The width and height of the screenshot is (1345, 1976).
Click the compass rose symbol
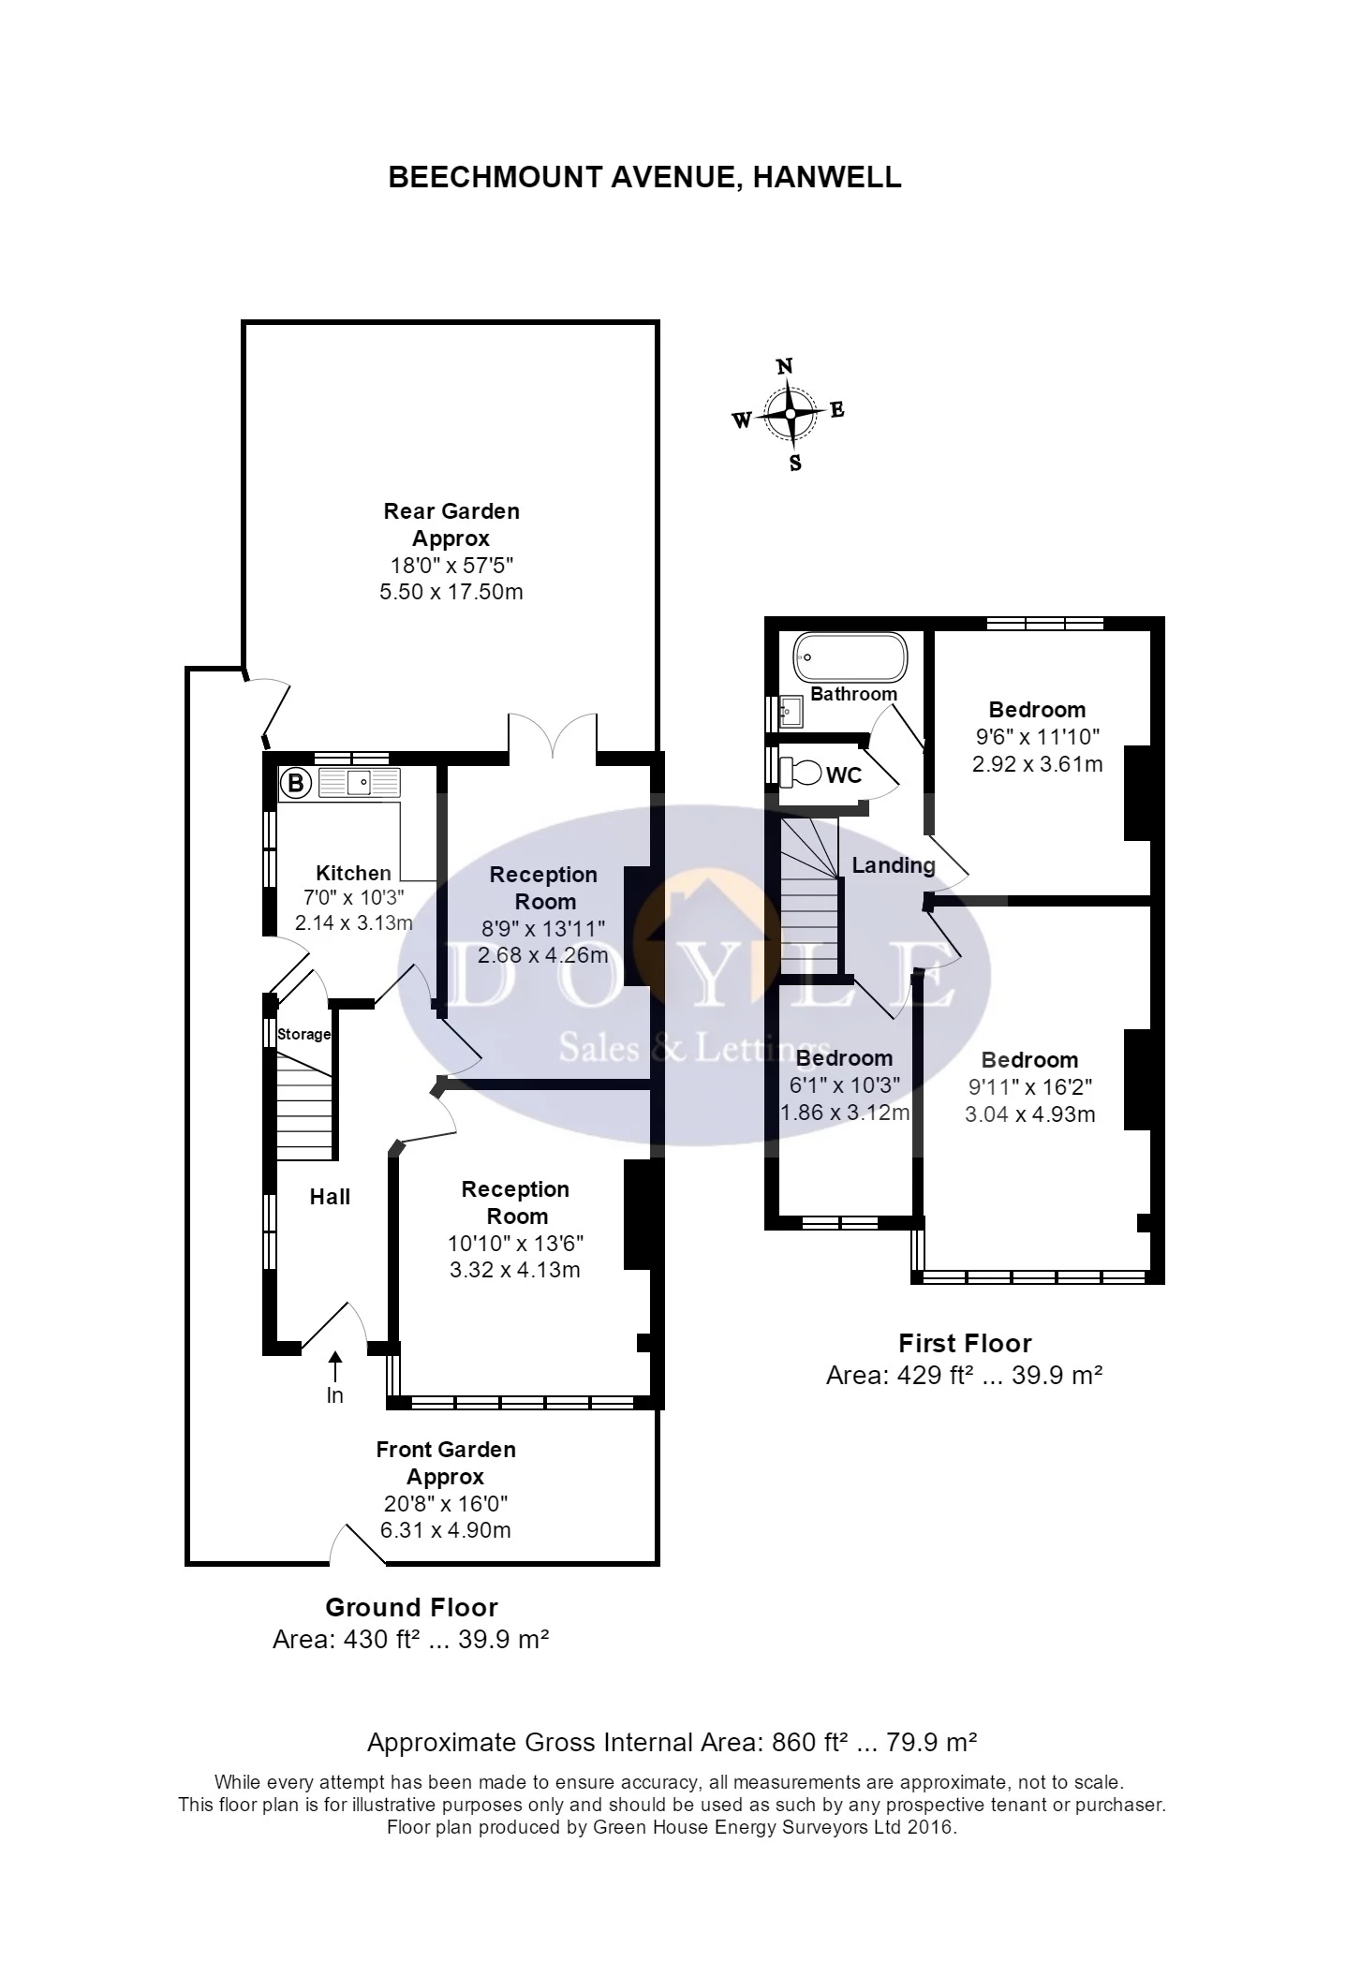(791, 413)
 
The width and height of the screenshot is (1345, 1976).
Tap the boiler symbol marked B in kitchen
(296, 782)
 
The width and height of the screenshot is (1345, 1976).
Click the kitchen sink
(360, 782)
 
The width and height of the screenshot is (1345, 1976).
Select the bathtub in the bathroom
(850, 657)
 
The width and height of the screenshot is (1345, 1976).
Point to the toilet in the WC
(799, 774)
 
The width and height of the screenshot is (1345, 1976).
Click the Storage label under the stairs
(304, 1034)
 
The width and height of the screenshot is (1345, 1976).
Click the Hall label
(330, 1197)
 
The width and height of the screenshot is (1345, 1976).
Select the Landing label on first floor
(894, 865)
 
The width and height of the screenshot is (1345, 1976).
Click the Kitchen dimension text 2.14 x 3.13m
(354, 923)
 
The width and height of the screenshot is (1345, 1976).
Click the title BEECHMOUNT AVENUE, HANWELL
(644, 177)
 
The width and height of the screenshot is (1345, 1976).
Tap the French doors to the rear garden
(553, 733)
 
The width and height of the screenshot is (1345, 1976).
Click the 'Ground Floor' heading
(412, 1607)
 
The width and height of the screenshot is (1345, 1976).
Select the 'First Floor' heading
(965, 1343)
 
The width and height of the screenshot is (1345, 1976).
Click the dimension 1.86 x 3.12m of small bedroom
(846, 1113)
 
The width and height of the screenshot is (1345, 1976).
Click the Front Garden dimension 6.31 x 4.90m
(445, 1530)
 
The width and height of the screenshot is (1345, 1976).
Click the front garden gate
(358, 1543)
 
